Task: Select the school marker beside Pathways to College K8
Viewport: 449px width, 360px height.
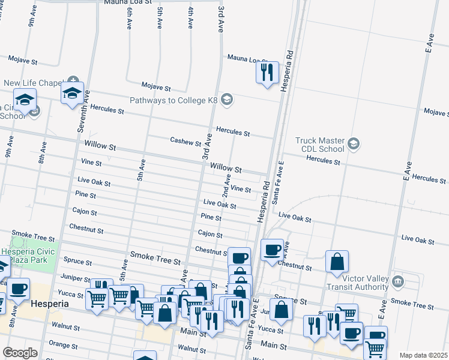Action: pyautogui.click(x=227, y=99)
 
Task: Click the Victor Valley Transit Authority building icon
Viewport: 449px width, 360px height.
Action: pyautogui.click(x=397, y=281)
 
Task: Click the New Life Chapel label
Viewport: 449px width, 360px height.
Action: pyautogui.click(x=32, y=83)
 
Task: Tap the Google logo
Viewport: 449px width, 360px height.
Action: pyautogui.click(x=20, y=353)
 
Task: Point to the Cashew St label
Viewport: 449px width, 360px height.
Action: pyautogui.click(x=185, y=142)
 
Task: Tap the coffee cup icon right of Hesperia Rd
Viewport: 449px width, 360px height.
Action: pyautogui.click(x=272, y=250)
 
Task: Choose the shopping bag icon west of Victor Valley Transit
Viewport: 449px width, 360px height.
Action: pyautogui.click(x=337, y=262)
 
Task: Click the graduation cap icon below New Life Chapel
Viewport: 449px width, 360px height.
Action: pyautogui.click(x=72, y=94)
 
